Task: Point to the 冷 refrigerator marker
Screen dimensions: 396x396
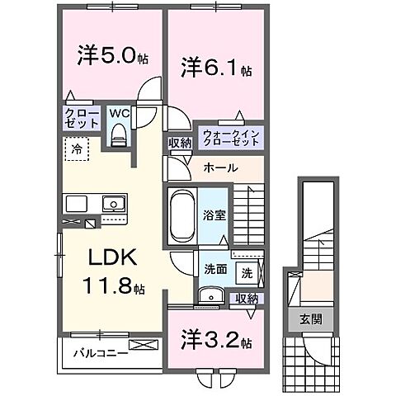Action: click(x=75, y=152)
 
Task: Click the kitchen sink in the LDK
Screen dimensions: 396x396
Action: click(x=111, y=204)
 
